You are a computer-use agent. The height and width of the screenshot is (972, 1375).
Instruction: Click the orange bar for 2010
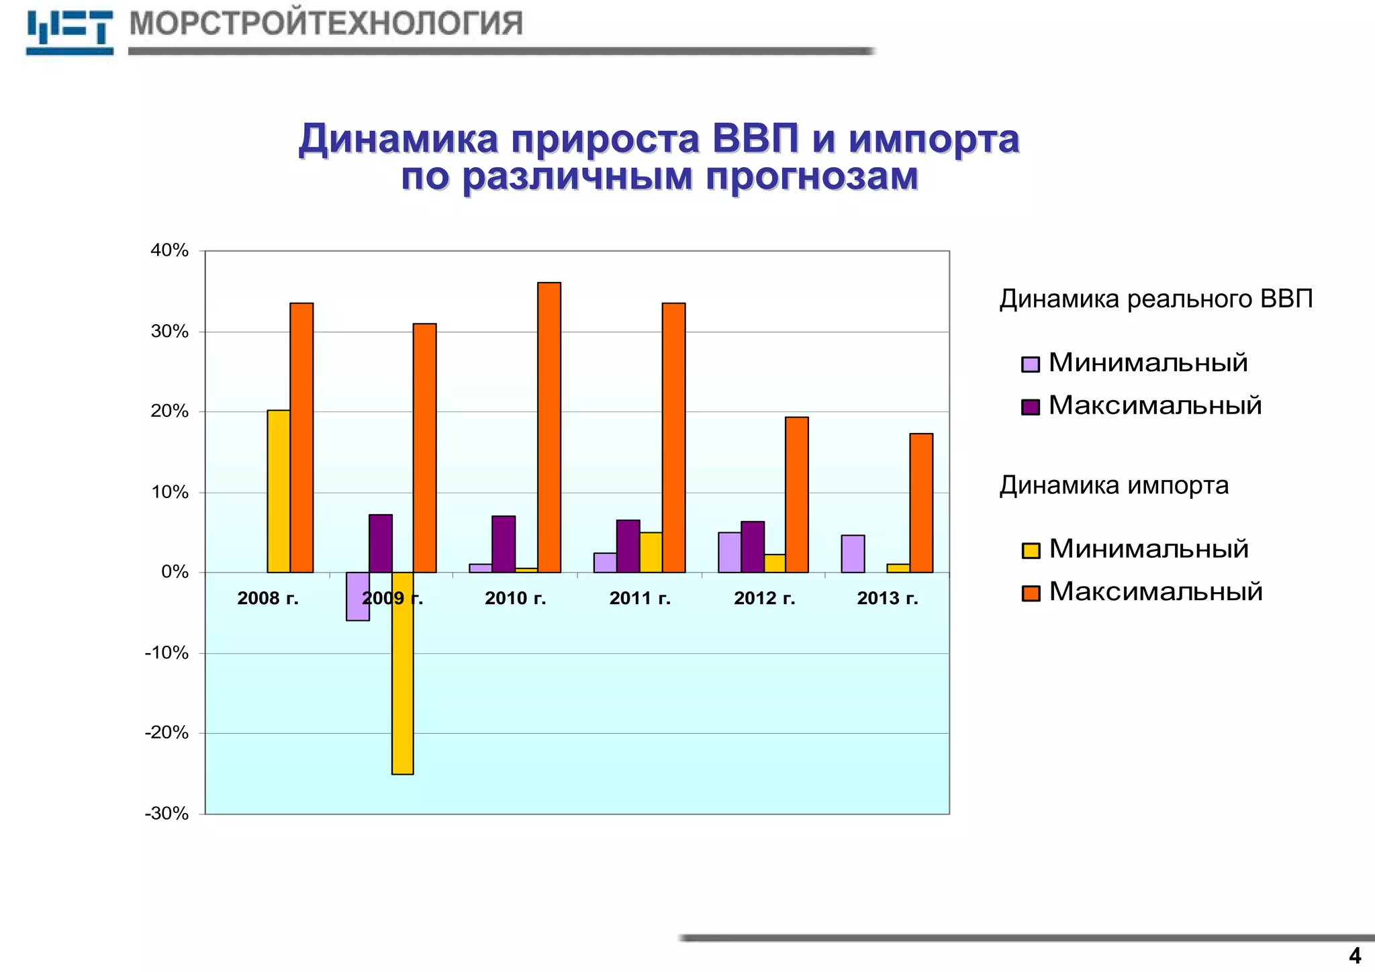(x=549, y=428)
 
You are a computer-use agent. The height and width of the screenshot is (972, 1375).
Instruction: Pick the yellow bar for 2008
(x=279, y=491)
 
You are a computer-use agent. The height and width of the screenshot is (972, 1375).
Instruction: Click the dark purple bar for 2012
(x=753, y=547)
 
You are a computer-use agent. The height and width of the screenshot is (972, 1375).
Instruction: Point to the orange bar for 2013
(x=921, y=503)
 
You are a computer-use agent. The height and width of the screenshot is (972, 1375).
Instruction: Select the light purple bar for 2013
(x=853, y=554)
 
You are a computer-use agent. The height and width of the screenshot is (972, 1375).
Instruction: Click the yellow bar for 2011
(x=651, y=552)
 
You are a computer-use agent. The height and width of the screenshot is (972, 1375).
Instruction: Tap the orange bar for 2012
(x=796, y=495)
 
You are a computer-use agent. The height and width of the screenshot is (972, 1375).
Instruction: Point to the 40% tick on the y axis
(x=170, y=250)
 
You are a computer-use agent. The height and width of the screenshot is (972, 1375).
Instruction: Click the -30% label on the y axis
(x=167, y=814)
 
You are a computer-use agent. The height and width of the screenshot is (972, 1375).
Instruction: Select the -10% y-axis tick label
(x=167, y=652)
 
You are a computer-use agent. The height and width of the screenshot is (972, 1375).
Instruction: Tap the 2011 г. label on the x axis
(x=640, y=598)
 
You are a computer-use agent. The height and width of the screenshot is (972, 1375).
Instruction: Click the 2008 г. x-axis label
(x=268, y=598)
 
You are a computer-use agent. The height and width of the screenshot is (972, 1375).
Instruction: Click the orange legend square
(x=1031, y=593)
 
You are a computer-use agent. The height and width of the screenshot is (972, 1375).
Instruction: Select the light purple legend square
(x=1031, y=364)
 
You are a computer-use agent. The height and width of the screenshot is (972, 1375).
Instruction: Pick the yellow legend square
(x=1031, y=550)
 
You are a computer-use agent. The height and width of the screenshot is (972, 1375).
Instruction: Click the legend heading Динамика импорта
(x=1114, y=485)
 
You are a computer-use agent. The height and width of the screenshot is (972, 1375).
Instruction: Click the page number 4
(x=1355, y=955)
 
